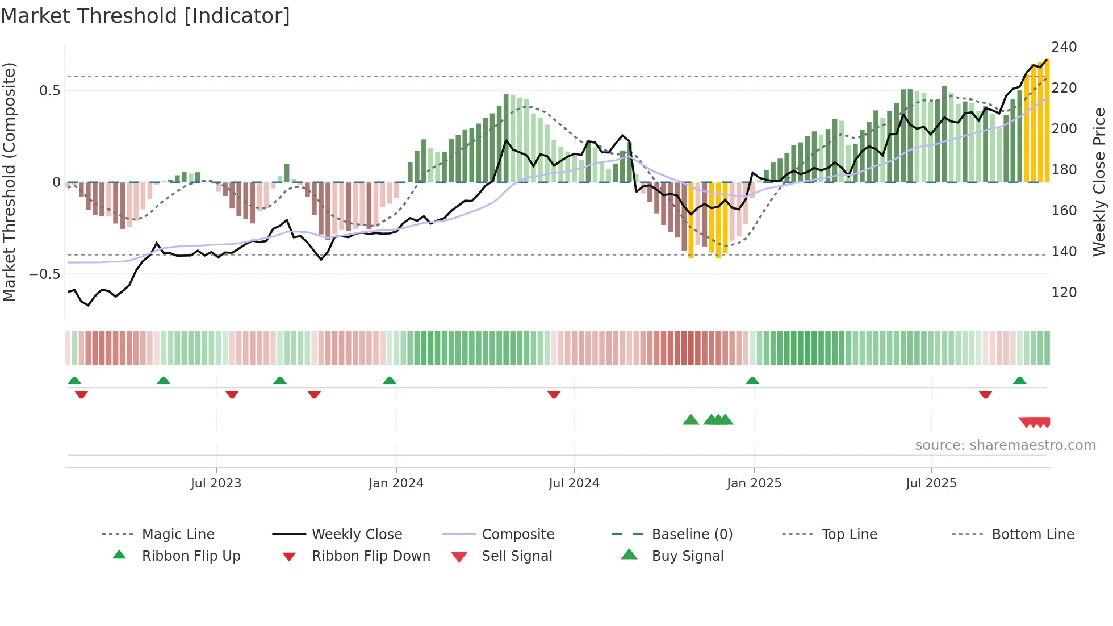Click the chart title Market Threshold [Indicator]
click(145, 16)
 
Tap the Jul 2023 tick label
click(216, 483)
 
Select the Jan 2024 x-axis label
click(396, 483)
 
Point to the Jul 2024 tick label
click(574, 483)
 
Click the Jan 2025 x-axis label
click(754, 483)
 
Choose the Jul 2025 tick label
click(931, 483)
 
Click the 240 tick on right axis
click(1064, 47)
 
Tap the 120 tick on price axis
click(1064, 293)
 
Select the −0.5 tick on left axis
click(45, 274)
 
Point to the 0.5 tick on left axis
click(49, 91)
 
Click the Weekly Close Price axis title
click(1099, 182)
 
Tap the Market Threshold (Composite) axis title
click(9, 182)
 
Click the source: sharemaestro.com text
click(1005, 445)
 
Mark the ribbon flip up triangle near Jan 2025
click(752, 381)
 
